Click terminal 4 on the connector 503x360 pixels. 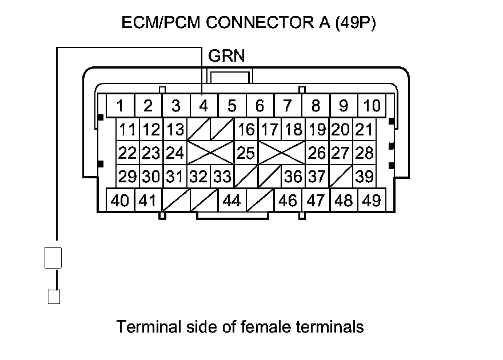point(203,106)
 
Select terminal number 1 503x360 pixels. point(120,106)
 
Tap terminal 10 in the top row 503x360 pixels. point(372,106)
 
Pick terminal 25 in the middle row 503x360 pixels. point(246,153)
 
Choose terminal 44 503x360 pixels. point(231,201)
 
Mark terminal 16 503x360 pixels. point(246,130)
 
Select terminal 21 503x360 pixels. point(364,130)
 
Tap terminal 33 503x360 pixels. point(222,177)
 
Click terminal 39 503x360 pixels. point(364,177)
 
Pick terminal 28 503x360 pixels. point(364,153)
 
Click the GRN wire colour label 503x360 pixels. point(226,56)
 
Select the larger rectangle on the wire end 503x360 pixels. point(53,257)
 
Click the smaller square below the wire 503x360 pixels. point(54,297)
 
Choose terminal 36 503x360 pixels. point(293,177)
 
